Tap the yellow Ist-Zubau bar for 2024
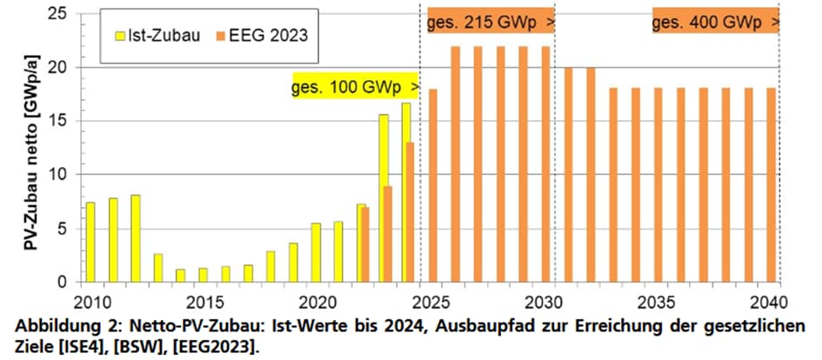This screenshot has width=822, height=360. [404, 192]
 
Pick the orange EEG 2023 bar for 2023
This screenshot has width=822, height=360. [388, 234]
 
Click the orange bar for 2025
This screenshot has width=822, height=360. [432, 185]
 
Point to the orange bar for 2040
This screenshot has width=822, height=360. [771, 185]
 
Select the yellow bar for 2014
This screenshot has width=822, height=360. [180, 275]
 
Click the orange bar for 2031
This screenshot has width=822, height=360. [568, 175]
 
